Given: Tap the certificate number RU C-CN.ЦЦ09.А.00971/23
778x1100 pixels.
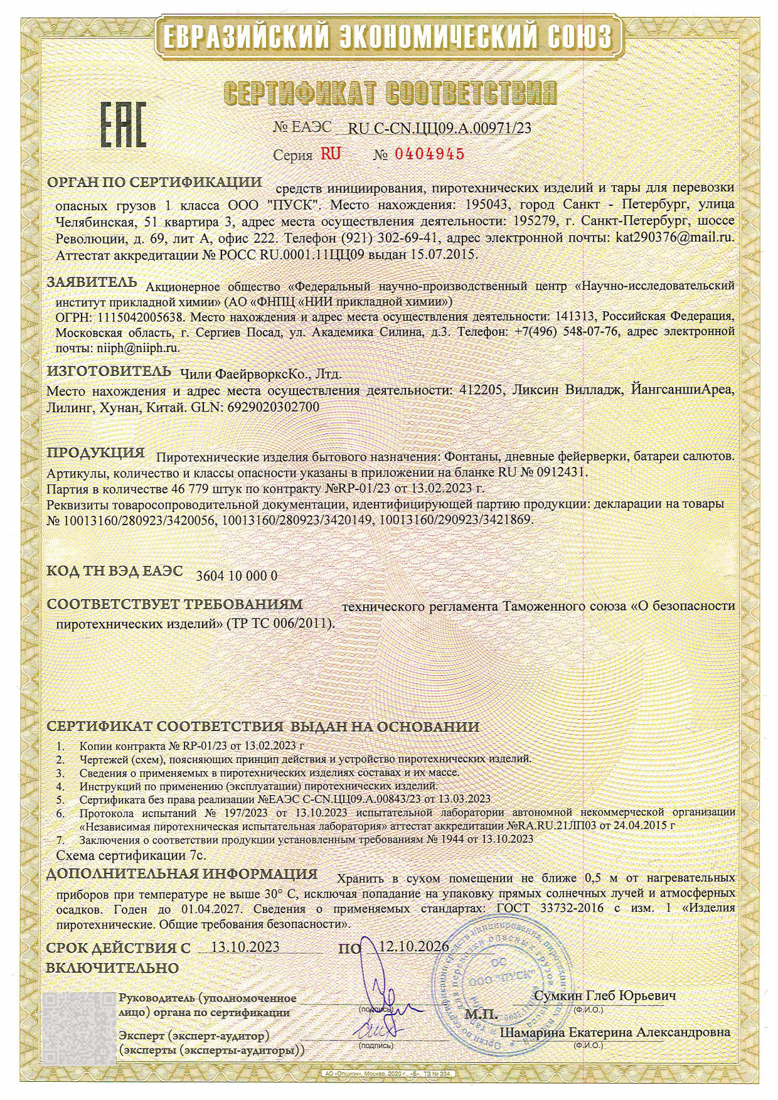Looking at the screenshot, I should pyautogui.click(x=439, y=128).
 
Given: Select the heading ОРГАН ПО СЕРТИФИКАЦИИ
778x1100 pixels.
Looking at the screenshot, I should pyautogui.click(x=154, y=183).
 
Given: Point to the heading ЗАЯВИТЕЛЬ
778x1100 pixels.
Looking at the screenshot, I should pyautogui.click(x=91, y=282).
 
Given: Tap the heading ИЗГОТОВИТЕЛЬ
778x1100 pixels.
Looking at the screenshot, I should pyautogui.click(x=109, y=370).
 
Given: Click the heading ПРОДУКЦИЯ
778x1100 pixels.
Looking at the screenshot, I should pyautogui.click(x=97, y=452).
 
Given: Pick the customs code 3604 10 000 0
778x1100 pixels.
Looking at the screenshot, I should pyautogui.click(x=237, y=576).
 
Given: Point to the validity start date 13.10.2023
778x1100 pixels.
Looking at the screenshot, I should pyautogui.click(x=245, y=947).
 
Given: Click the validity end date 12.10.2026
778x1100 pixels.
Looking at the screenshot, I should pyautogui.click(x=415, y=946).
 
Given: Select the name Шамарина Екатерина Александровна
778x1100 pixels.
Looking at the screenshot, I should pyautogui.click(x=614, y=1032).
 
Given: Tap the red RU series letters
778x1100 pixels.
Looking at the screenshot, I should pyautogui.click(x=331, y=154).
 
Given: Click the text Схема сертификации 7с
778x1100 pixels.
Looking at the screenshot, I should pyautogui.click(x=131, y=855).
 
